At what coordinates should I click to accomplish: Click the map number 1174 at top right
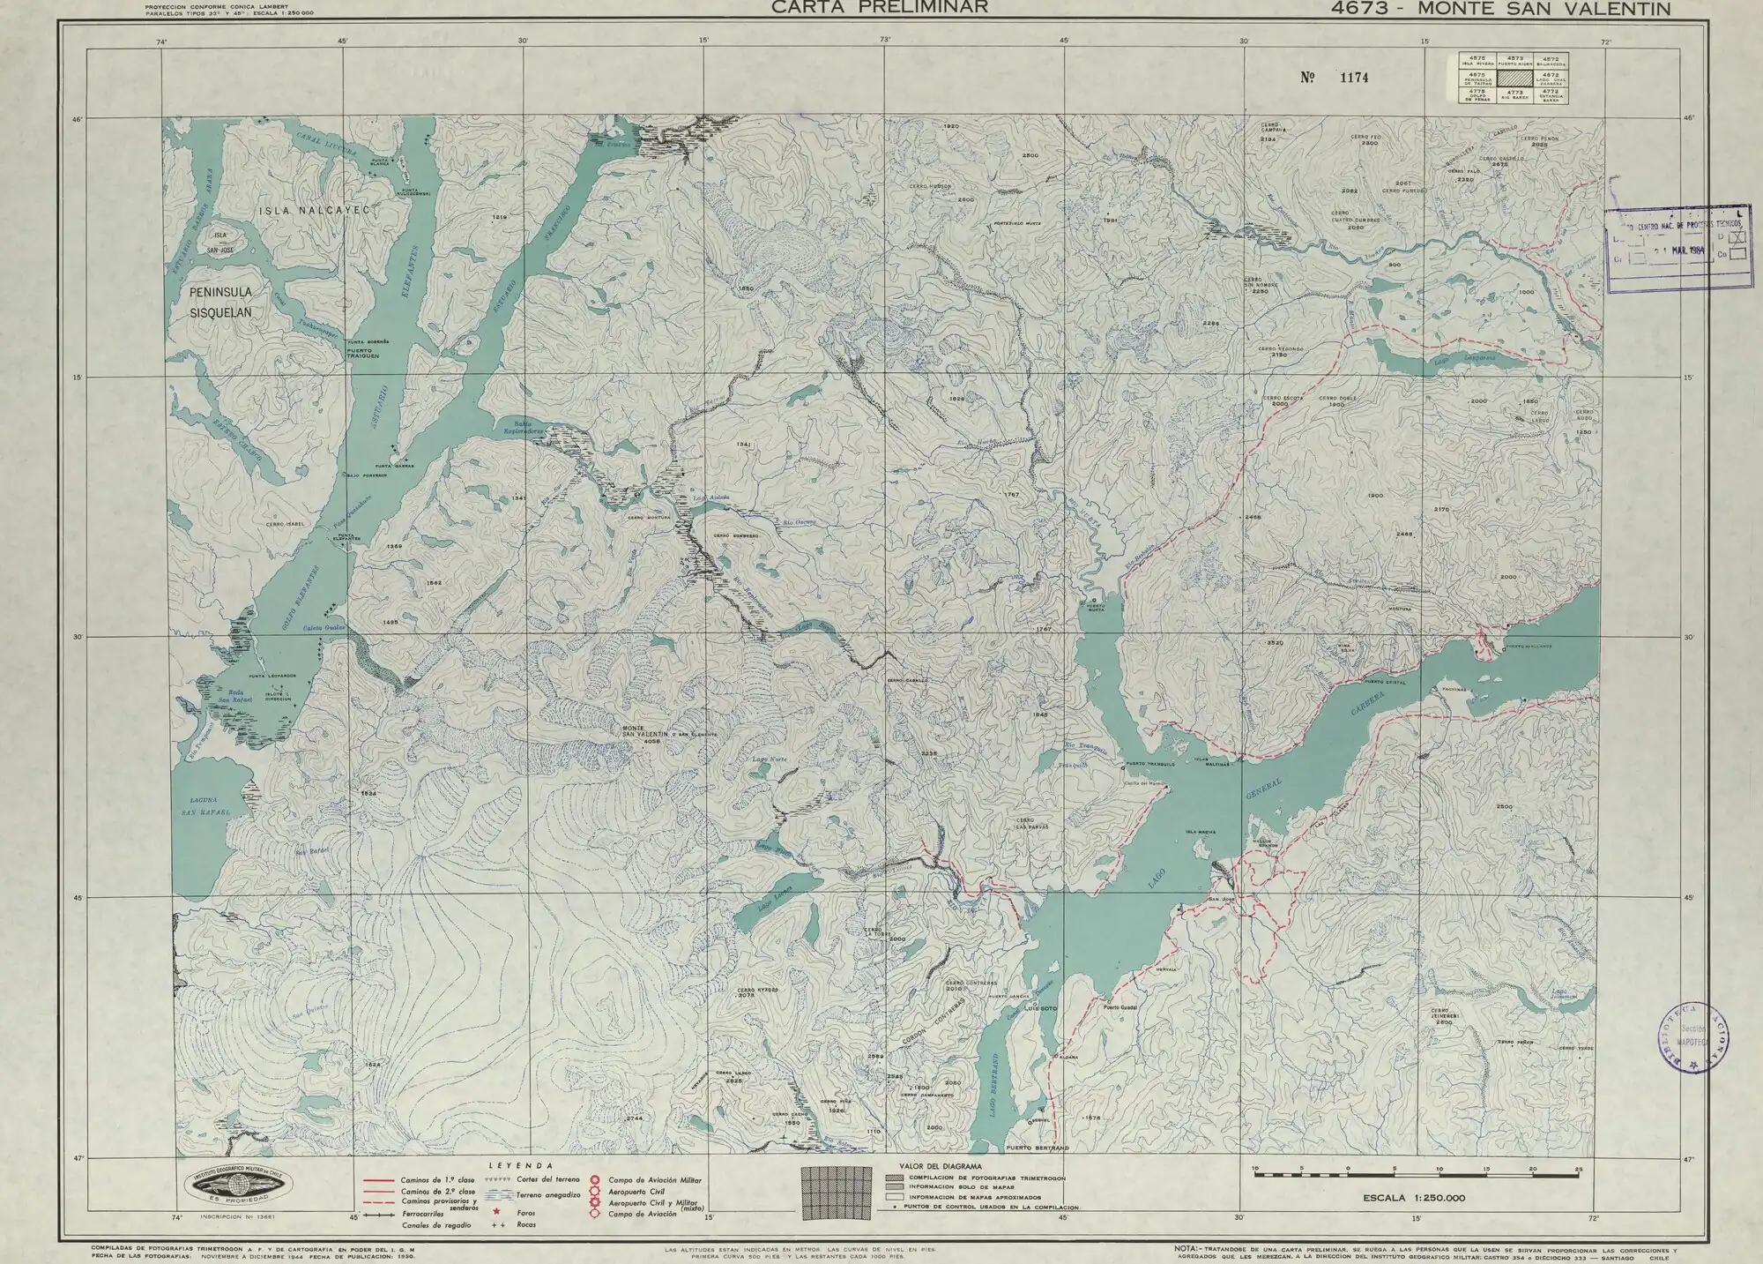point(1353,78)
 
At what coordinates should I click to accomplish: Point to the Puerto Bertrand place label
point(1038,1148)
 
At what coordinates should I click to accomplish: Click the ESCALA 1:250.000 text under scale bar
point(1413,1198)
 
